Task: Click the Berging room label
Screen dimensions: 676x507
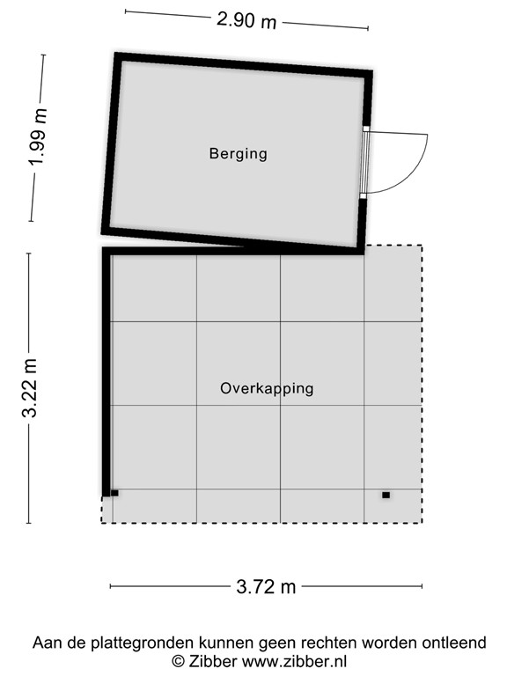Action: coord(238,154)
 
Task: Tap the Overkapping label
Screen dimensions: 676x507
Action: coord(267,388)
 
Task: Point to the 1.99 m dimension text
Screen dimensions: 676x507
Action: coord(37,137)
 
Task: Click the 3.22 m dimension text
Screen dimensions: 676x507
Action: coord(32,388)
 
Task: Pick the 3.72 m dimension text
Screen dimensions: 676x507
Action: coord(265,587)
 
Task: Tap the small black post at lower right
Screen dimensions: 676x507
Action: coord(386,495)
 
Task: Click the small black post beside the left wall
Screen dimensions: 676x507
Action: coord(114,493)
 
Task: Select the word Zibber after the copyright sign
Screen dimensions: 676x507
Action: coord(210,660)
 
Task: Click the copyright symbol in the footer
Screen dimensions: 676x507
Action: coord(178,660)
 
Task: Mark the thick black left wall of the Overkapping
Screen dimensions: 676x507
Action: coord(107,370)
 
